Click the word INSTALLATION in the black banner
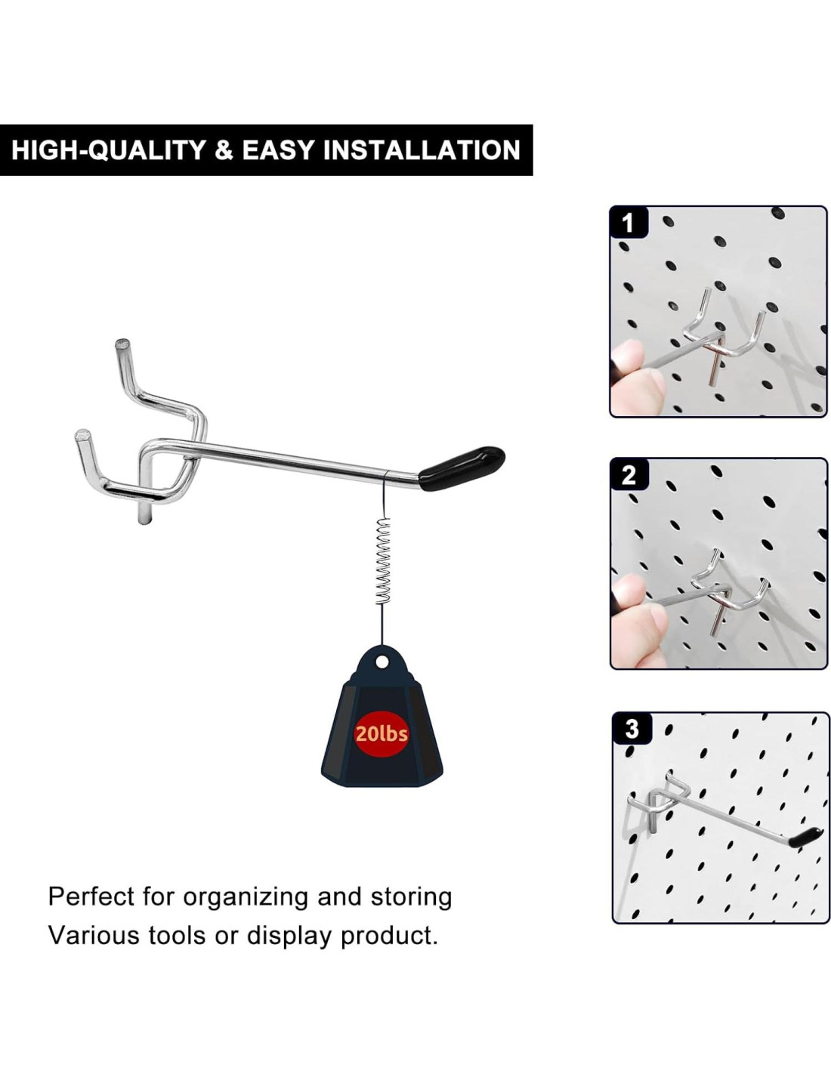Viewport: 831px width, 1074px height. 422,150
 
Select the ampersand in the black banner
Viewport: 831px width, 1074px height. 224,150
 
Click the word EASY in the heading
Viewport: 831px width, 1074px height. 278,150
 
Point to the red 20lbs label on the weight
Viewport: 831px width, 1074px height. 382,734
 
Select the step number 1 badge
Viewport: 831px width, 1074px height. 628,222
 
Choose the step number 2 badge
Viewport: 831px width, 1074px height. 629,475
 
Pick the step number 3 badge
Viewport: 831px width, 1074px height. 632,729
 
